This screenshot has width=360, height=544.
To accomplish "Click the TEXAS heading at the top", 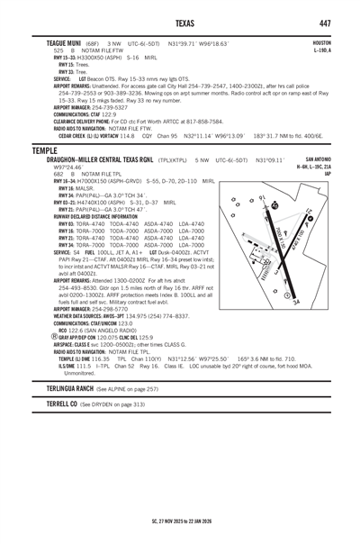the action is [179, 22].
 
